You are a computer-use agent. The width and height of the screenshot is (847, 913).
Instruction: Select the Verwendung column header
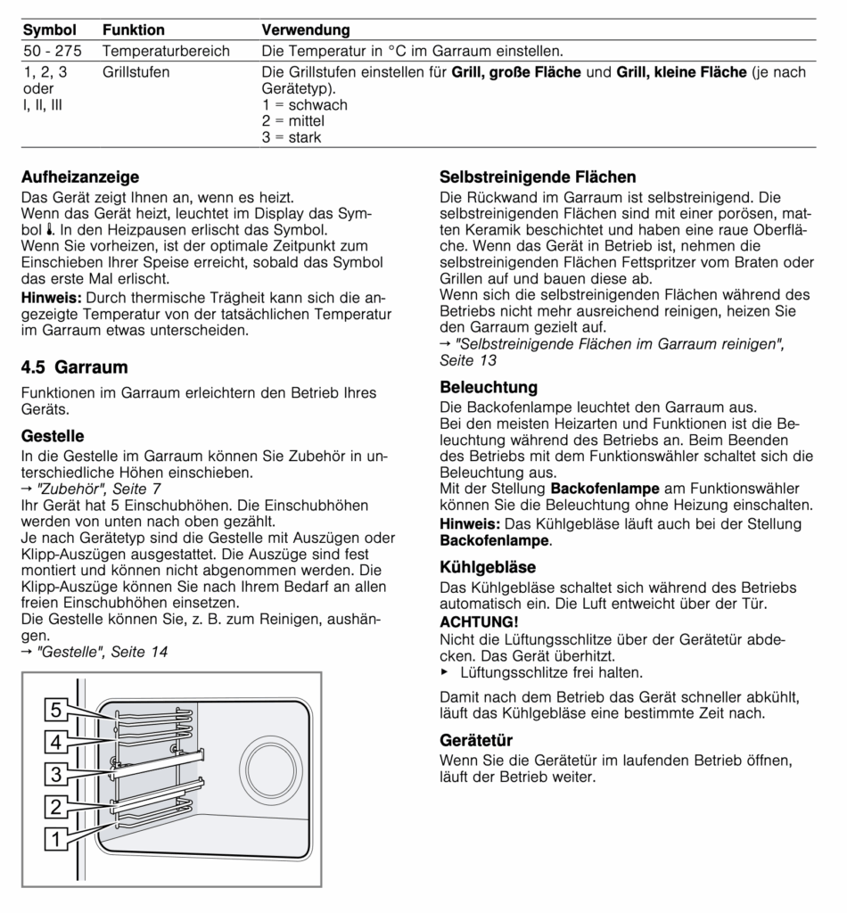tap(305, 30)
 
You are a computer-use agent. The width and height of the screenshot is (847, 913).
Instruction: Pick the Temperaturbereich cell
tap(166, 51)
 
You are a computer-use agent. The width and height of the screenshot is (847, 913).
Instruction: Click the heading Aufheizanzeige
tap(79, 177)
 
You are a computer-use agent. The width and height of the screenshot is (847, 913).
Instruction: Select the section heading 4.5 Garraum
tap(74, 367)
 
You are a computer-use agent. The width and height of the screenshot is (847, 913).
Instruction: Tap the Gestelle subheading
tap(53, 436)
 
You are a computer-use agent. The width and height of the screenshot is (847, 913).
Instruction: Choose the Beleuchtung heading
tap(489, 388)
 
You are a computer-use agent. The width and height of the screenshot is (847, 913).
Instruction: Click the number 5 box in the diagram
tap(55, 710)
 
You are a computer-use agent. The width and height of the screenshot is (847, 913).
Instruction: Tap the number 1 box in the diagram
tap(55, 838)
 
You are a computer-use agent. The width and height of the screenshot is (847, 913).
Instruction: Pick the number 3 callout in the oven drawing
tap(55, 773)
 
